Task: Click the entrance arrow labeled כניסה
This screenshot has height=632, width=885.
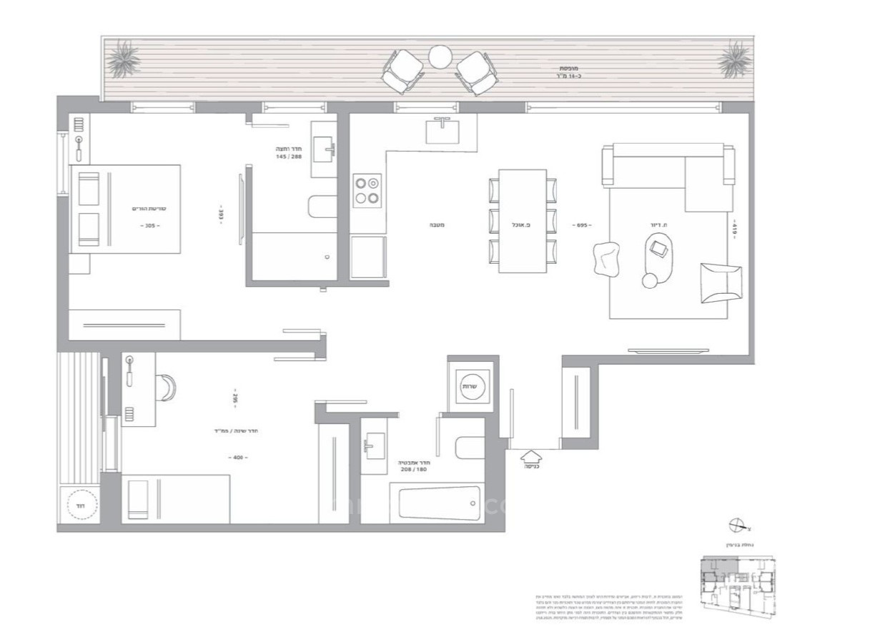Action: pyautogui.click(x=530, y=455)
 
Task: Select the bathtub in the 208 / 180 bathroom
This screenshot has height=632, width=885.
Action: pyautogui.click(x=439, y=503)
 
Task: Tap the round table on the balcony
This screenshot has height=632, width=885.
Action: pyautogui.click(x=440, y=55)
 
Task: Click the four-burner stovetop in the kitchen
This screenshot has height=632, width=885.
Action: pyautogui.click(x=367, y=191)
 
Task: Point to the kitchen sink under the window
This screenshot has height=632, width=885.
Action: pyautogui.click(x=443, y=131)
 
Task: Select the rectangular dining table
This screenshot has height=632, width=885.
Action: pyautogui.click(x=523, y=220)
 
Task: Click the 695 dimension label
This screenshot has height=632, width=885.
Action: pyautogui.click(x=581, y=225)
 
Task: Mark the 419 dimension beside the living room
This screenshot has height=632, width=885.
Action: pyautogui.click(x=733, y=228)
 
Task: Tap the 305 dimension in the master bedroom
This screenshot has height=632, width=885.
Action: pyautogui.click(x=149, y=225)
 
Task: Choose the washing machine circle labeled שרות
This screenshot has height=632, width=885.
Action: pyautogui.click(x=470, y=386)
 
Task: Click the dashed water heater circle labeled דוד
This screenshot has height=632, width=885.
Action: pyautogui.click(x=80, y=506)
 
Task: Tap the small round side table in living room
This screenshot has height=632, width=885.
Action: pyautogui.click(x=649, y=281)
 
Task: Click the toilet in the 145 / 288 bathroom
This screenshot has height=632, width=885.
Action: pyautogui.click(x=322, y=207)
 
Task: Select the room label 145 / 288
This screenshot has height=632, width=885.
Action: pyautogui.click(x=290, y=156)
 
